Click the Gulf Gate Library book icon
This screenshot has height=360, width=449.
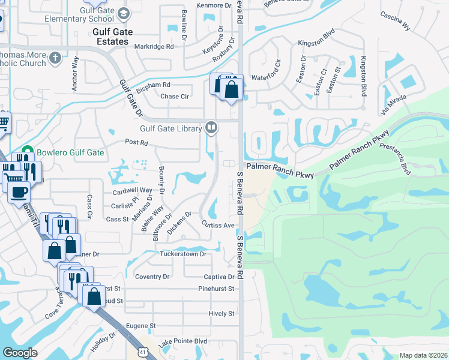pos(211,127)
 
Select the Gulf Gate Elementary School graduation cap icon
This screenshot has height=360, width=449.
pos(123,13)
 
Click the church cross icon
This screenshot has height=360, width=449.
pos(55,58)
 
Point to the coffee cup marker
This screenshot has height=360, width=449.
pos(19,192)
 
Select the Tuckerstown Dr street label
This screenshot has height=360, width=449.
pos(182,254)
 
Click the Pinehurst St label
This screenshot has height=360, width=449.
pos(216,289)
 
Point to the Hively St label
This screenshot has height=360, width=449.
pos(221,313)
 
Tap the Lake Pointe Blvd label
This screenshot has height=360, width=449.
pos(182,341)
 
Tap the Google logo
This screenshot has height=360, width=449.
pos(20,353)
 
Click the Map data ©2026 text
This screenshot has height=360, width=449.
pos(423,355)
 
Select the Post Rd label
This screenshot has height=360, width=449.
pos(136,143)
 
